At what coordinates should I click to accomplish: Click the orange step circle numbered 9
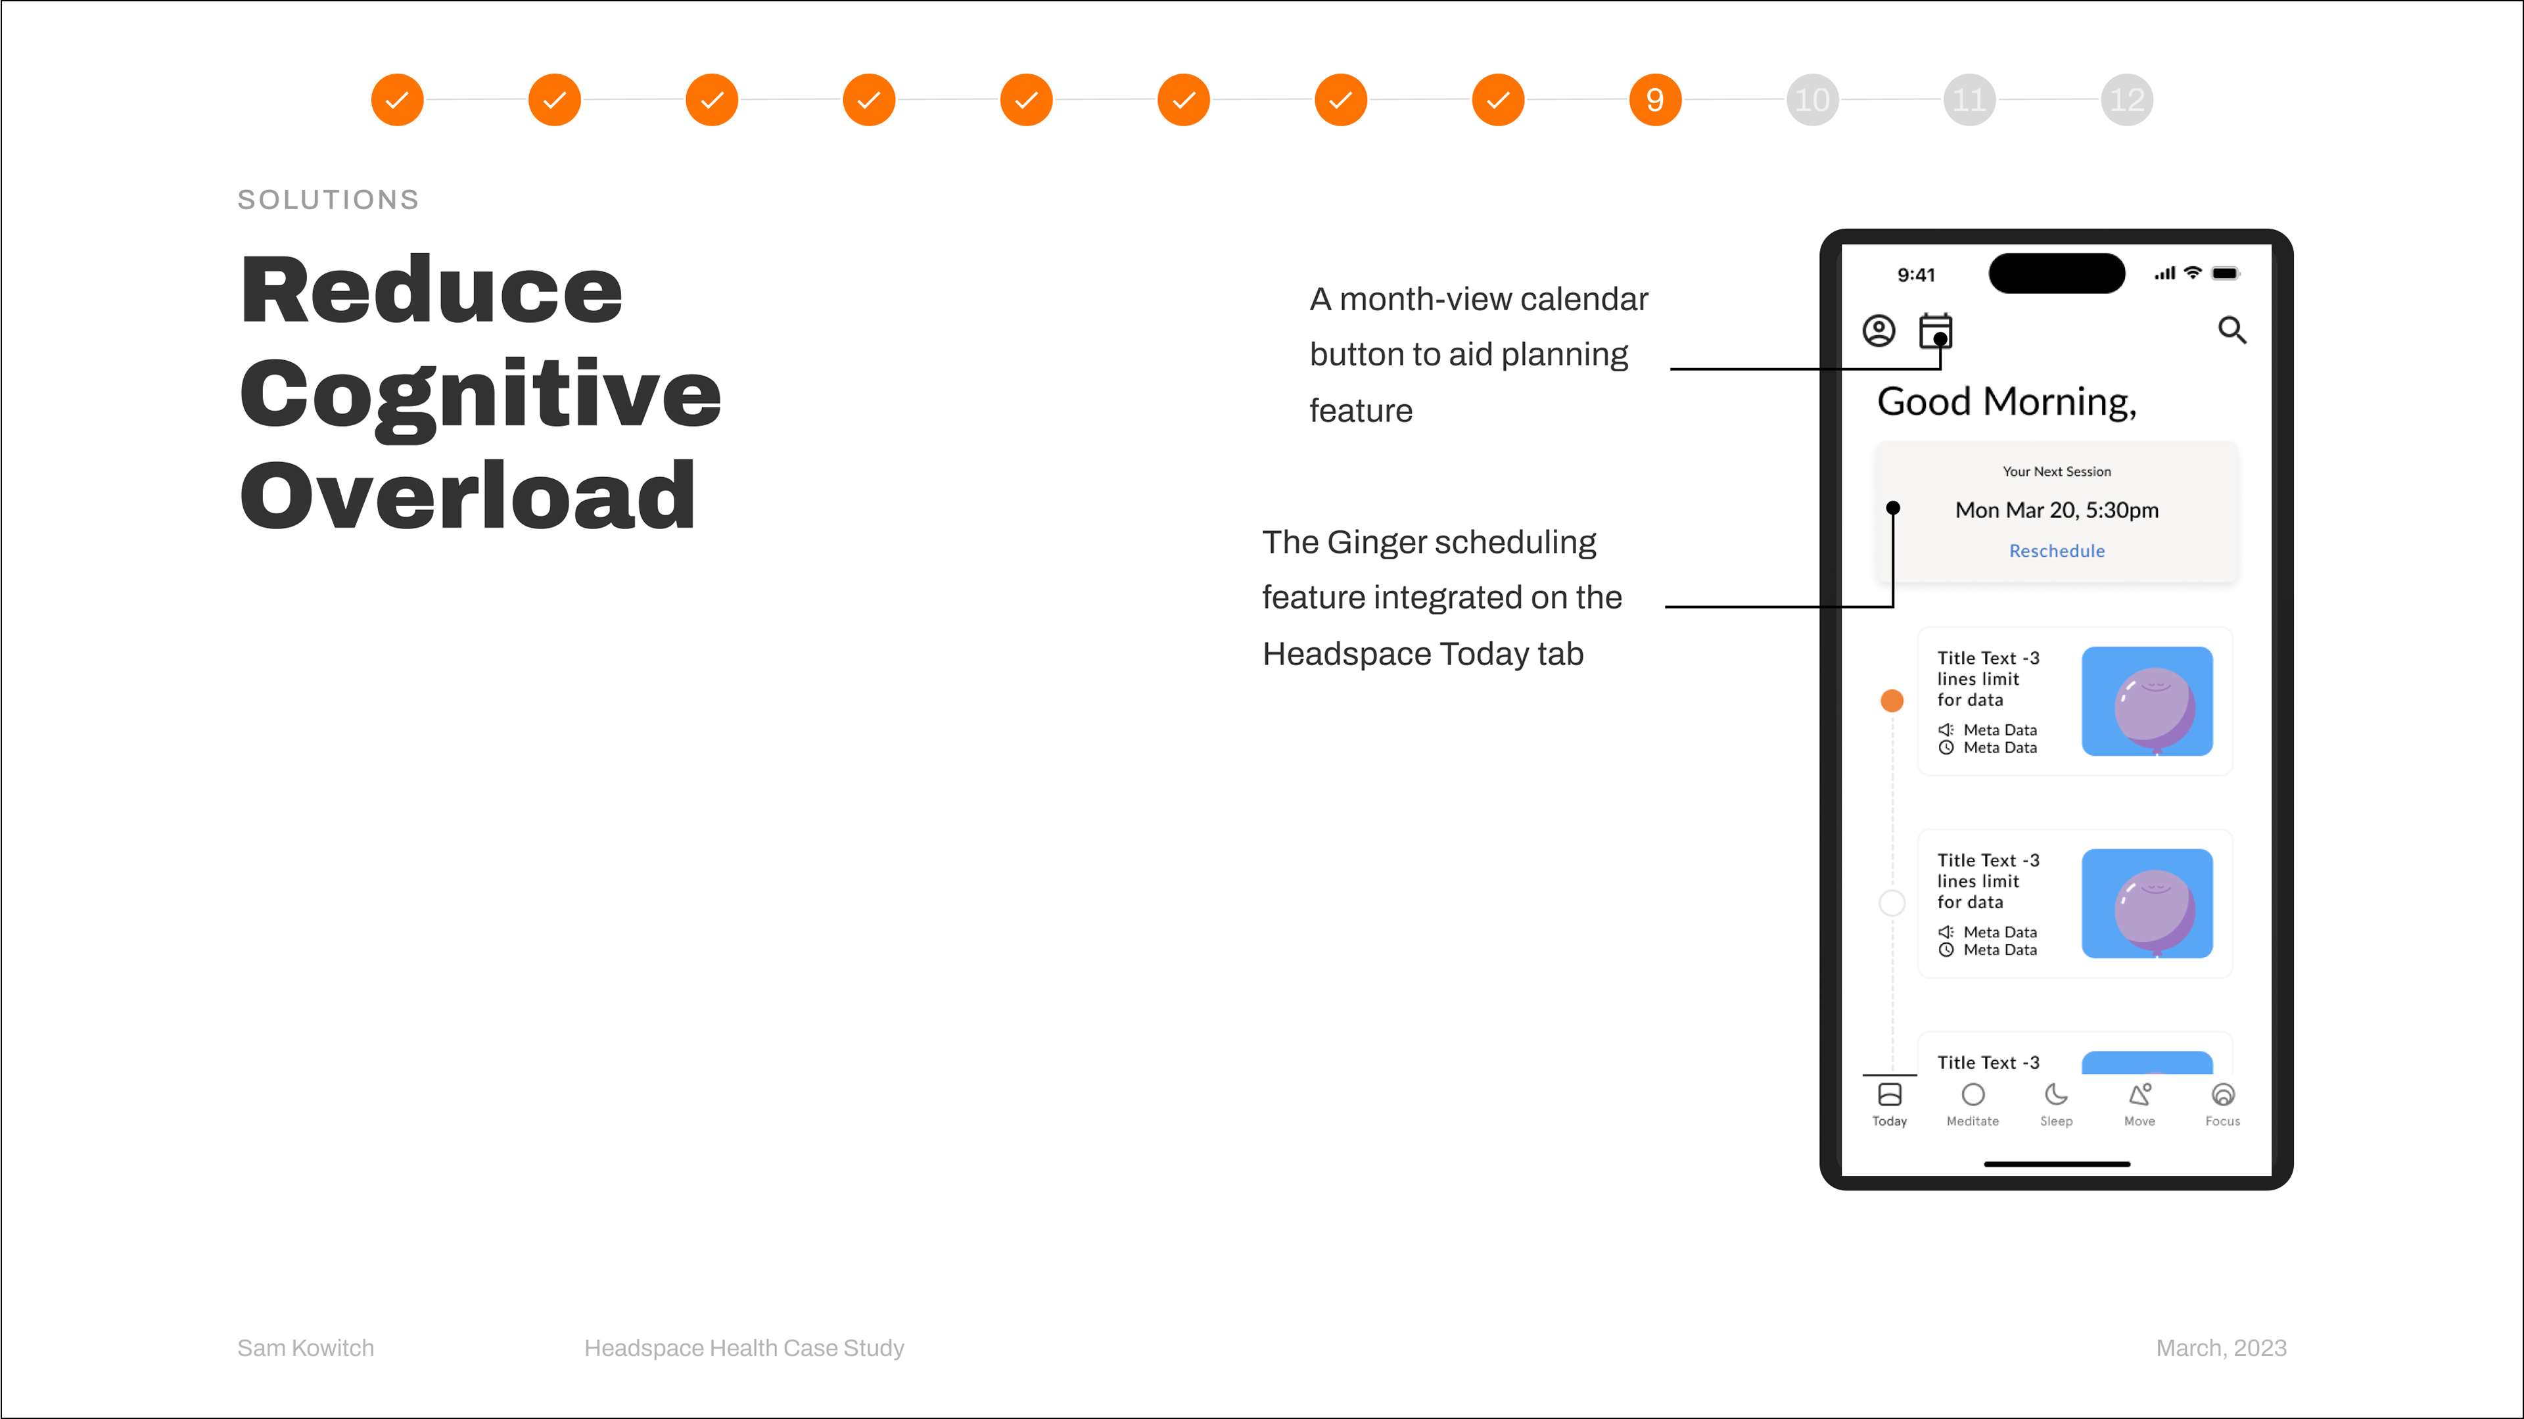tap(1655, 100)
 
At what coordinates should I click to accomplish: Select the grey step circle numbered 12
tap(2126, 100)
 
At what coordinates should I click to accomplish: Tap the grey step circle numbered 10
tap(1811, 100)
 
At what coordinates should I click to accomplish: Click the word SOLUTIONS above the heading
tap(328, 200)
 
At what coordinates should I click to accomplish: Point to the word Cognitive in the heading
tap(480, 395)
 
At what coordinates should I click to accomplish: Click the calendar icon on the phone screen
tap(1935, 330)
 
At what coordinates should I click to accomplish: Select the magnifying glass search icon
tap(2232, 330)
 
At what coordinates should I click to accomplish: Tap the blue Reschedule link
tap(2057, 551)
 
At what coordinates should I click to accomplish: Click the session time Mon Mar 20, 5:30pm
tap(2057, 509)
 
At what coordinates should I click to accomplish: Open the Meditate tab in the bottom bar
tap(1973, 1104)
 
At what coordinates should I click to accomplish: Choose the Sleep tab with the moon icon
tap(2055, 1104)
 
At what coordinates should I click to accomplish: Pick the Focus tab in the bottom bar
tap(2222, 1104)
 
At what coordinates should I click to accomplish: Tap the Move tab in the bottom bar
tap(2139, 1104)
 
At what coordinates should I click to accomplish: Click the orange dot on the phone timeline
tap(1892, 701)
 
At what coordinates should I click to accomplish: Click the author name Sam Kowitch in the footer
tap(306, 1349)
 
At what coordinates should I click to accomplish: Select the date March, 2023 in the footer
tap(2221, 1349)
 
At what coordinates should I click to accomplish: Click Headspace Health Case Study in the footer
tap(743, 1349)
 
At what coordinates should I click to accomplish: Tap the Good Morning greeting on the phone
tap(2007, 402)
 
